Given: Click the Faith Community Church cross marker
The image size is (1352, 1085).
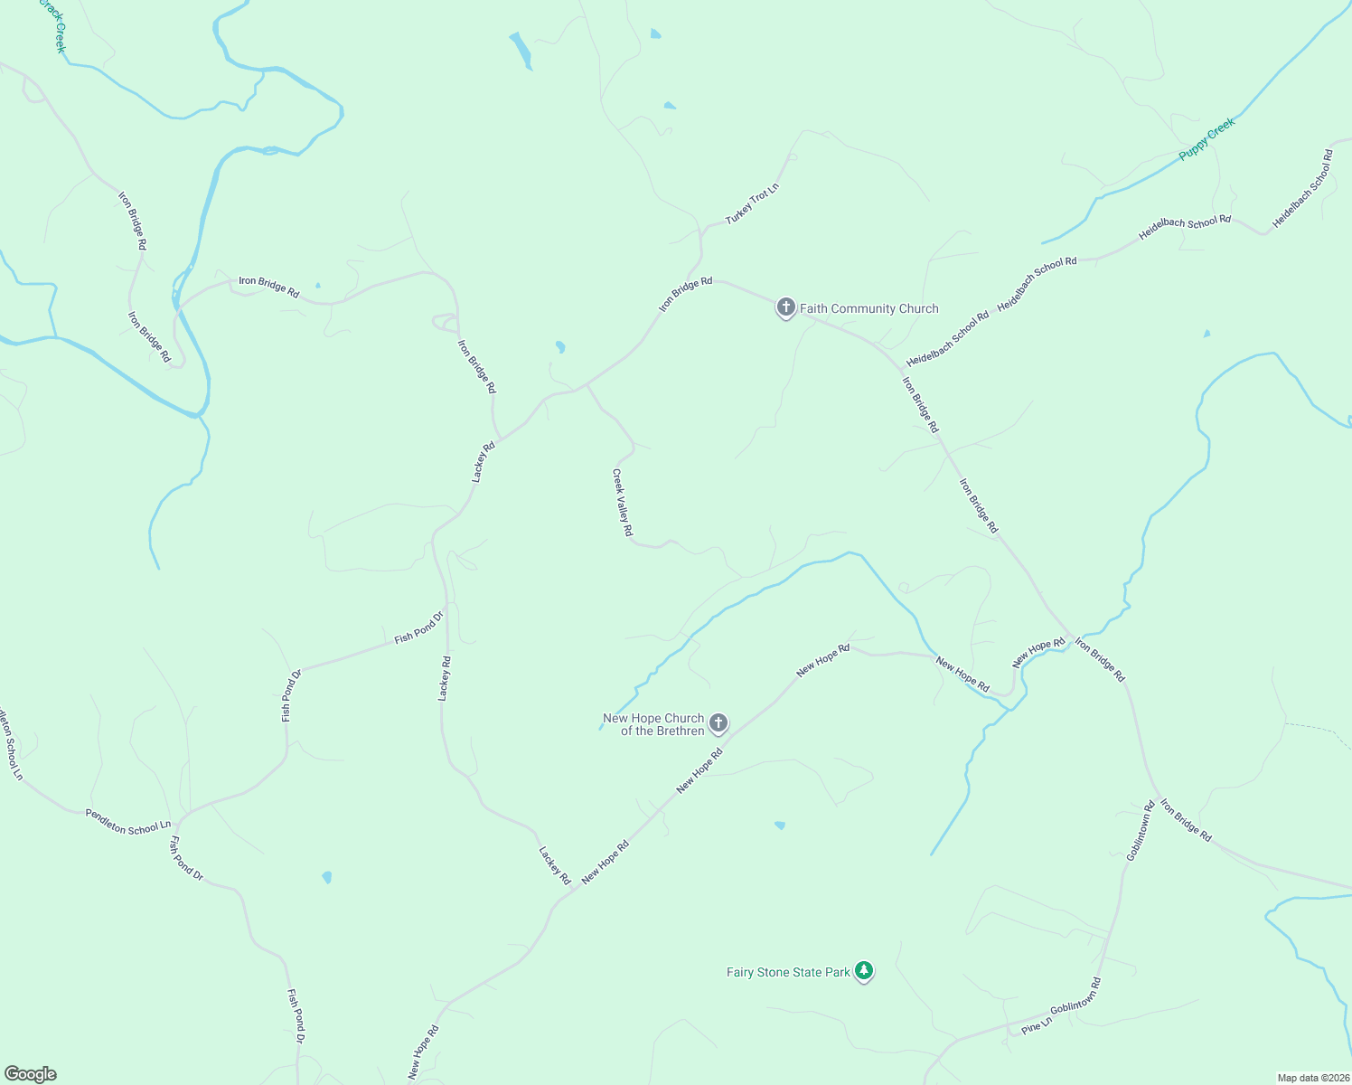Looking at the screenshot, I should [785, 307].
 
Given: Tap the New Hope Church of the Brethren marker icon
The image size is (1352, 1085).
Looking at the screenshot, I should [718, 722].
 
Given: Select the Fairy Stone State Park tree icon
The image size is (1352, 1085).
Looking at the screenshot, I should [864, 971].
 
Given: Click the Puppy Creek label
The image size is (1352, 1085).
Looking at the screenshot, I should [1206, 140].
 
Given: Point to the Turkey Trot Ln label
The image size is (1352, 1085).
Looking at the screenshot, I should [752, 204].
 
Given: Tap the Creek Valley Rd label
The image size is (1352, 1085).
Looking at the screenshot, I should [622, 503].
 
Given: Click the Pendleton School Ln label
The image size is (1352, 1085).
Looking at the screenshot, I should [128, 820].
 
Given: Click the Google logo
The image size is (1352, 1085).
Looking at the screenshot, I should [30, 1074].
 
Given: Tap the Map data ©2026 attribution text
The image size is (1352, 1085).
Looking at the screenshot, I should [1311, 1078].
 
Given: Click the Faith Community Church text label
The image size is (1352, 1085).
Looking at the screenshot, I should [869, 308].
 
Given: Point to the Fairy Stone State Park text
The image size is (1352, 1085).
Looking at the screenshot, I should [788, 972].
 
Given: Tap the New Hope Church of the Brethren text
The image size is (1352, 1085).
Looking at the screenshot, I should [653, 724].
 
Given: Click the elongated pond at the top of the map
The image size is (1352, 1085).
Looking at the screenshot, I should [521, 51].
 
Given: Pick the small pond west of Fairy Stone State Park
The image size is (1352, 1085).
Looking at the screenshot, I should [780, 825].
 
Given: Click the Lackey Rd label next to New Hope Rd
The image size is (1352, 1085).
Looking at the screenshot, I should [555, 865].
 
